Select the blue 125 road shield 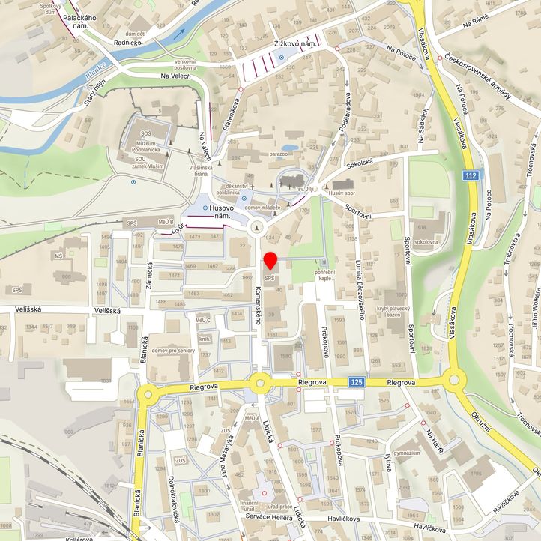point(357,383)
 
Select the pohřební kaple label point(324,274)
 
